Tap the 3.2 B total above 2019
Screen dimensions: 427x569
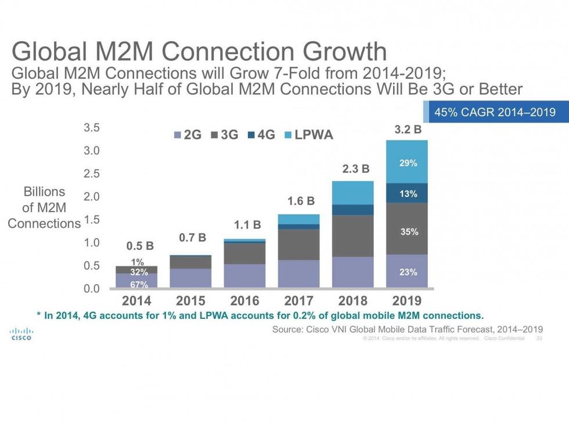[408, 131]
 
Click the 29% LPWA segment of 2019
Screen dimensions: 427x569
[408, 163]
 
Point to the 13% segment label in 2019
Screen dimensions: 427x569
[408, 193]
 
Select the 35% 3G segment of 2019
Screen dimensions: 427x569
[408, 231]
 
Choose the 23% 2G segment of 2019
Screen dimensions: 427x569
[408, 271]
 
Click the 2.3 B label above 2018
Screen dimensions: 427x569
[355, 170]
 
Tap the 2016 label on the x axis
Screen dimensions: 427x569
[245, 301]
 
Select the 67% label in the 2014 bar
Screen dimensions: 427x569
[138, 284]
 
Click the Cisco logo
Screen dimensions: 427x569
[20, 334]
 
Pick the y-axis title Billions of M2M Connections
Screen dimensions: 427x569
[44, 207]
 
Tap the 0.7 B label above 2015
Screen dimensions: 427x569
[192, 238]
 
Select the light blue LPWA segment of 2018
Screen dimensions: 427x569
[352, 192]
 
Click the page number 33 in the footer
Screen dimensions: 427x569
[539, 338]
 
